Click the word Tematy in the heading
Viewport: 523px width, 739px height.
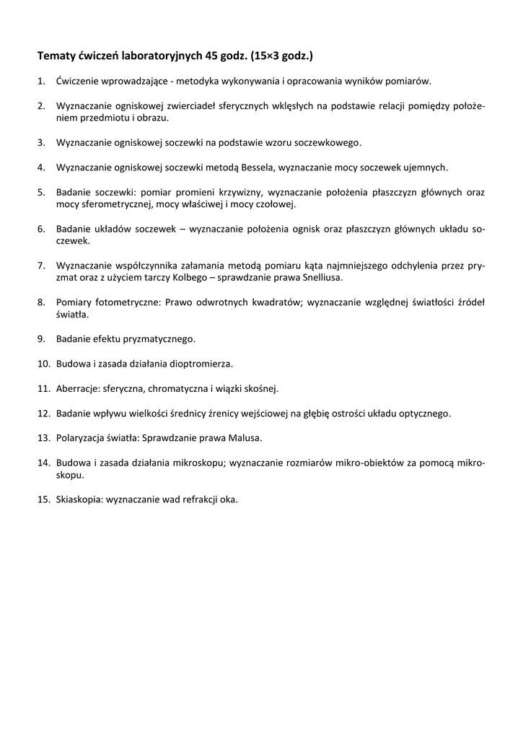tap(56, 55)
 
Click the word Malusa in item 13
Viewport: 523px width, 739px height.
tap(245, 438)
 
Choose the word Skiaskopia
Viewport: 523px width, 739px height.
tap(79, 499)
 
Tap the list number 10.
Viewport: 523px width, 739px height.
tap(43, 364)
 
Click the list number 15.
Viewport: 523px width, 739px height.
tap(43, 499)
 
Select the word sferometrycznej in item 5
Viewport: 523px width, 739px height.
tap(110, 204)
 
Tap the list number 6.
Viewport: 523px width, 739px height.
tap(41, 229)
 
